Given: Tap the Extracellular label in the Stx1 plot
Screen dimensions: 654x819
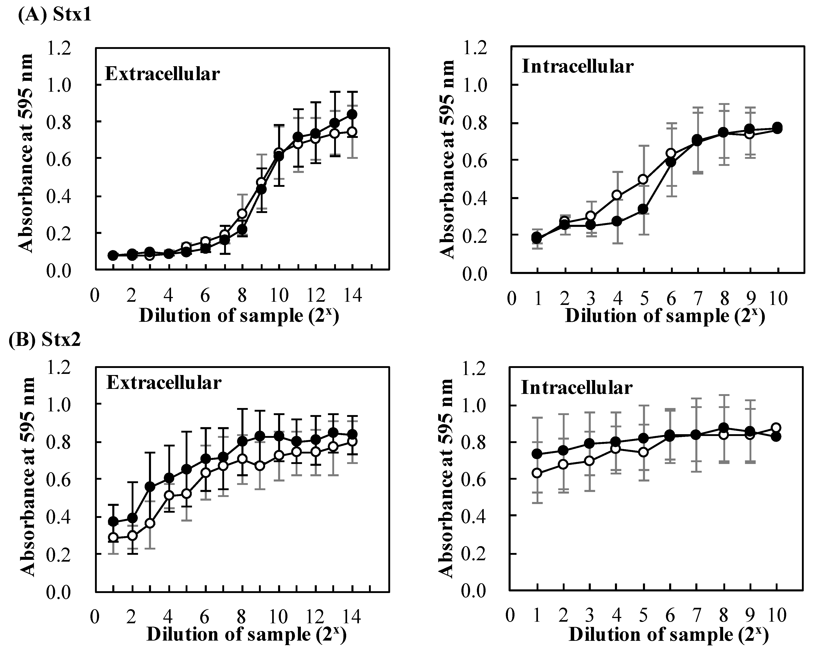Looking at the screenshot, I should pos(162,74).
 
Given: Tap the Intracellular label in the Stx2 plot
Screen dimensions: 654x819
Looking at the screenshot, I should pos(577,388).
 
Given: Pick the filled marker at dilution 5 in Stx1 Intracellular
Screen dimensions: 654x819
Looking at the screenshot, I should pos(643,209).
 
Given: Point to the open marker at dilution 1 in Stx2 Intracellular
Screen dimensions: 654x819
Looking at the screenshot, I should pos(537,473).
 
